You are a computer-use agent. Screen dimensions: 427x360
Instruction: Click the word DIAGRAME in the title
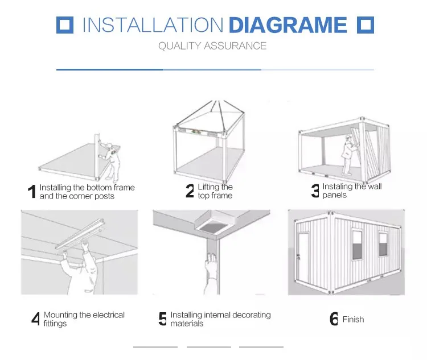coord(288,25)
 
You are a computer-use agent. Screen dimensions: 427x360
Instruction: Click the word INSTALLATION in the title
coord(153,25)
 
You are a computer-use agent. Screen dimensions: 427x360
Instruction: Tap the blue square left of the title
coord(65,25)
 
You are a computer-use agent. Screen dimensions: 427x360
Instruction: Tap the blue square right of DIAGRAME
coord(366,25)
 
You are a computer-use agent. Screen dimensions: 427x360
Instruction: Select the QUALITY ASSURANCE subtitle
coord(212,46)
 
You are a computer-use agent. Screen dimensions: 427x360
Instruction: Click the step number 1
coord(32,192)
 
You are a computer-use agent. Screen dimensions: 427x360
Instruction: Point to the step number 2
coord(190,191)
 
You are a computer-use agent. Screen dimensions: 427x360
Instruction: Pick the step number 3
coord(315,191)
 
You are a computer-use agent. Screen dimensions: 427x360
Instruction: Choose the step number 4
coord(36,318)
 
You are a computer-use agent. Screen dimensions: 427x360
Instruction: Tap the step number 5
coord(163,318)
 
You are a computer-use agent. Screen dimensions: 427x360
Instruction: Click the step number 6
coord(334,318)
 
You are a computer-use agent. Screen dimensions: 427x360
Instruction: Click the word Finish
coord(353,319)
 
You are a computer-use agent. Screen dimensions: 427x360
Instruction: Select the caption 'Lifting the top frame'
coord(215,191)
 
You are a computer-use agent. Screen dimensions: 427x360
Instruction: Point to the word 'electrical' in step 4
coord(109,315)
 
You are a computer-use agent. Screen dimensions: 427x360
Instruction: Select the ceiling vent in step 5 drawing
coord(215,222)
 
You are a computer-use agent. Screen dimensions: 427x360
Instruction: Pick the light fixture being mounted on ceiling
coord(80,234)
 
